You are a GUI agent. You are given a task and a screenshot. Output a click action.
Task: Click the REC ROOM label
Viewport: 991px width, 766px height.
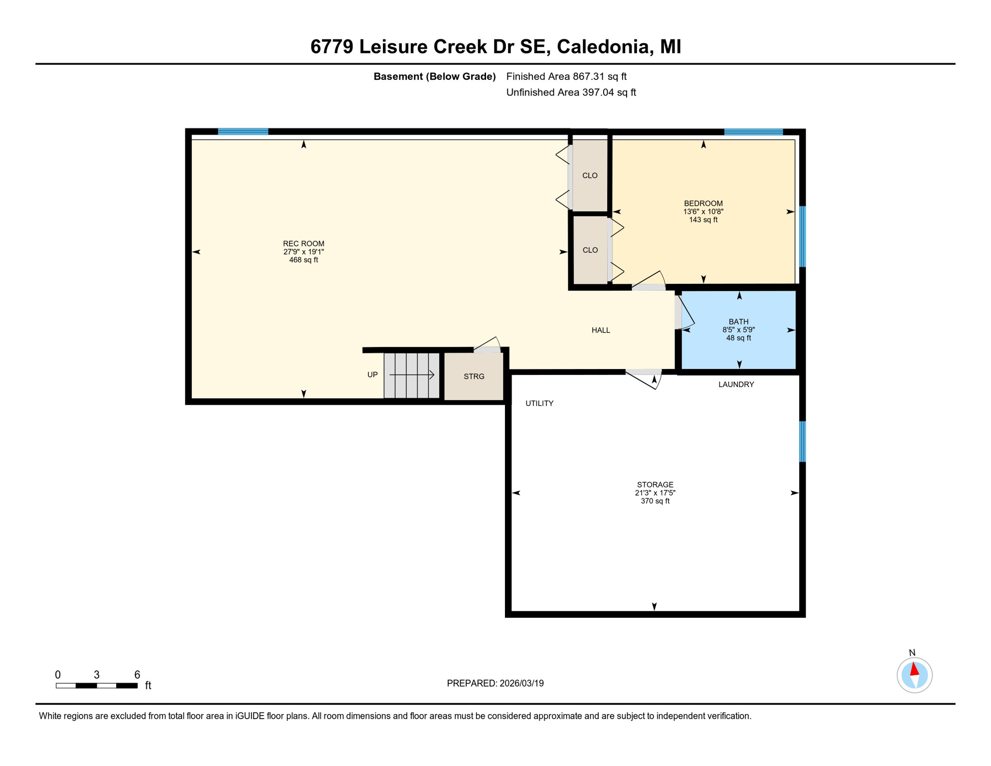tap(303, 243)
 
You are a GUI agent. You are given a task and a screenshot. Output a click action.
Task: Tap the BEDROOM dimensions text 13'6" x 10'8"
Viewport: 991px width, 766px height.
tap(703, 211)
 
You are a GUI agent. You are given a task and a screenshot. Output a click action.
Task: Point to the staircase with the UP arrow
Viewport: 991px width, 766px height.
tap(411, 375)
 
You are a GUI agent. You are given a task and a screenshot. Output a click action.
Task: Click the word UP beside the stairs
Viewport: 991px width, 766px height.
tap(372, 375)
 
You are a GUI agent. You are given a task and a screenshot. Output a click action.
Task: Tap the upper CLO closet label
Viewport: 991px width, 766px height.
tap(590, 176)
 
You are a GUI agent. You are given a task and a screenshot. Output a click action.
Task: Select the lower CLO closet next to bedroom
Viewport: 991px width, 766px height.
tap(590, 250)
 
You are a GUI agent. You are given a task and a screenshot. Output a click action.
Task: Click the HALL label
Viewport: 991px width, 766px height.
tap(601, 330)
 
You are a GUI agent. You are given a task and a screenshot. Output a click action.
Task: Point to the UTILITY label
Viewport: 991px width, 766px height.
tap(539, 403)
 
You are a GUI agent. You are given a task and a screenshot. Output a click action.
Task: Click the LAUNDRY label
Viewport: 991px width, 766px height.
tap(736, 384)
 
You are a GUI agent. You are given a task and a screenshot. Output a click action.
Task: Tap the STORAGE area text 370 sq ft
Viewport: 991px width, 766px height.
tap(655, 501)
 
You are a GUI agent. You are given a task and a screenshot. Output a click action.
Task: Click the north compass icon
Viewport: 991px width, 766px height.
tap(914, 675)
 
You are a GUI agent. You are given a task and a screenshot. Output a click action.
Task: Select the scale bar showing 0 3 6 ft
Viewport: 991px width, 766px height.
tap(97, 685)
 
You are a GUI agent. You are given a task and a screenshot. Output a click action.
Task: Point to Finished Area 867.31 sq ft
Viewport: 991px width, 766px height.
tap(566, 76)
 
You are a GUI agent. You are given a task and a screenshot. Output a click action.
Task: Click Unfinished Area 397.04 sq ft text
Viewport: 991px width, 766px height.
tap(571, 92)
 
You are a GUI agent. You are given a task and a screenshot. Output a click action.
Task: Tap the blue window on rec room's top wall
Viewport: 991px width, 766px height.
tap(243, 132)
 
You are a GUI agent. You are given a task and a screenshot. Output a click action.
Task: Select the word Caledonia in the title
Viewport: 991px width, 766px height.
tap(604, 46)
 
